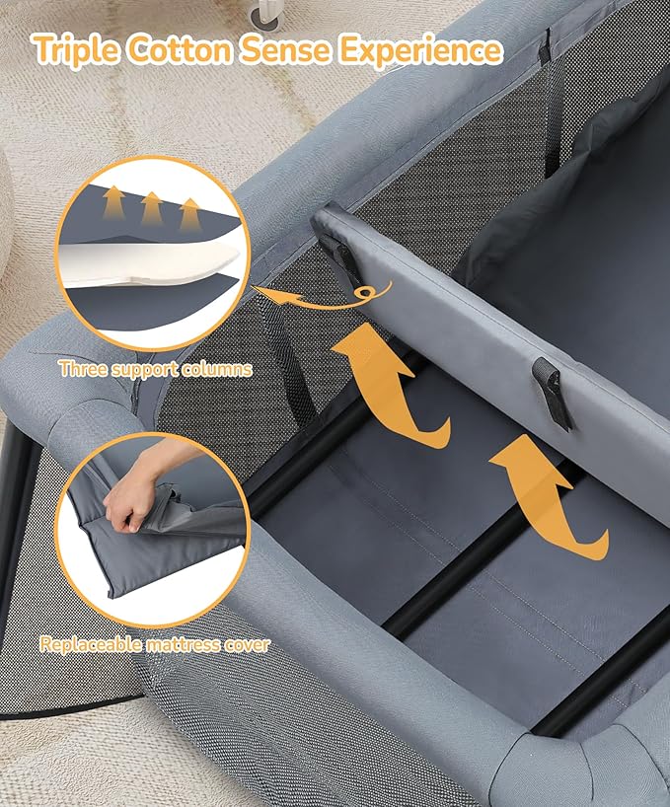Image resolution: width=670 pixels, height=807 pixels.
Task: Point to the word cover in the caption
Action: coord(246,646)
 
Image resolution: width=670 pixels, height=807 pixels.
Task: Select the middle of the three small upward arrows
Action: coord(151,208)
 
